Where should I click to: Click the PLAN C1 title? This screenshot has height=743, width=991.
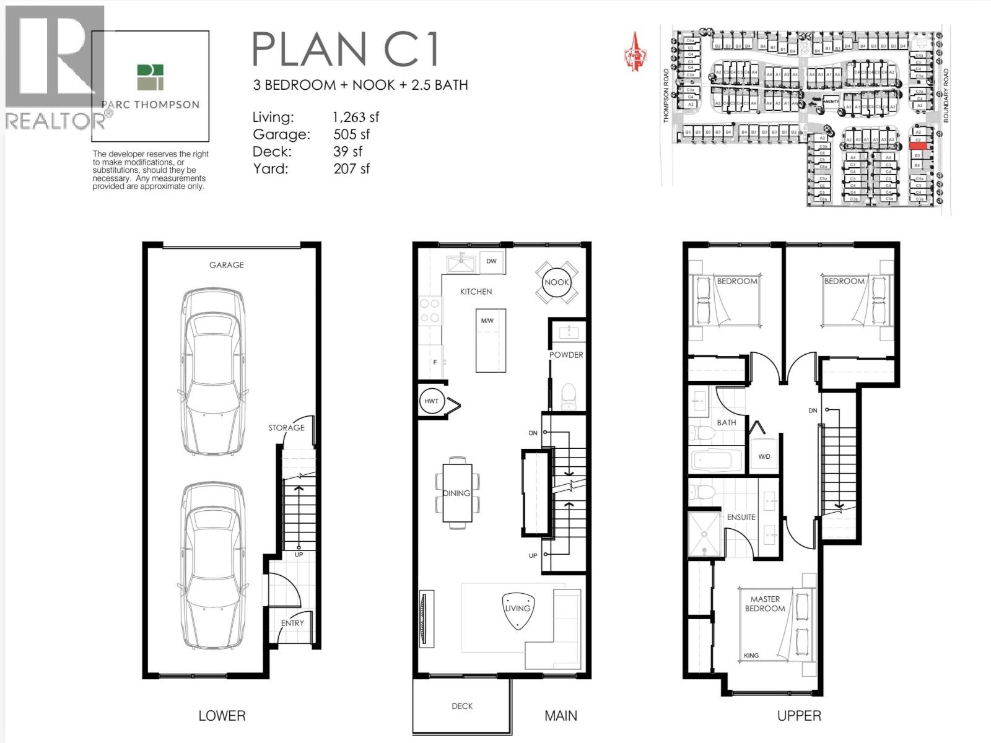346,50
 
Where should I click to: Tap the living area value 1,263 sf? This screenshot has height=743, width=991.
356,117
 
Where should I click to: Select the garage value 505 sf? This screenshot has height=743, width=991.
351,134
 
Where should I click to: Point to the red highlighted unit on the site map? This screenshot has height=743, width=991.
919,146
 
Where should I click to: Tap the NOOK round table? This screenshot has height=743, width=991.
556,282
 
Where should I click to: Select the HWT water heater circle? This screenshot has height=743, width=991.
431,401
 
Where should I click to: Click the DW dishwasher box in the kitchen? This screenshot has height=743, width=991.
491,261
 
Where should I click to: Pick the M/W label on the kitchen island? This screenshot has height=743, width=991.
487,321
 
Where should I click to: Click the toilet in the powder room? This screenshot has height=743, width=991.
569,396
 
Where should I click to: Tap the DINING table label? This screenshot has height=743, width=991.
456,493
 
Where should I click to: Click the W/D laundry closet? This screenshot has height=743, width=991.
764,456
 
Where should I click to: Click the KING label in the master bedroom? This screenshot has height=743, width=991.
751,655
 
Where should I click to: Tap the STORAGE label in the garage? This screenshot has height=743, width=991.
286,428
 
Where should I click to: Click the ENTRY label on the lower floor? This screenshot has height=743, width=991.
292,623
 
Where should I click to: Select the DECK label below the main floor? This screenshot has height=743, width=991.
462,706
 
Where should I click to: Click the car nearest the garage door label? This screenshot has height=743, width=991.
212,371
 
